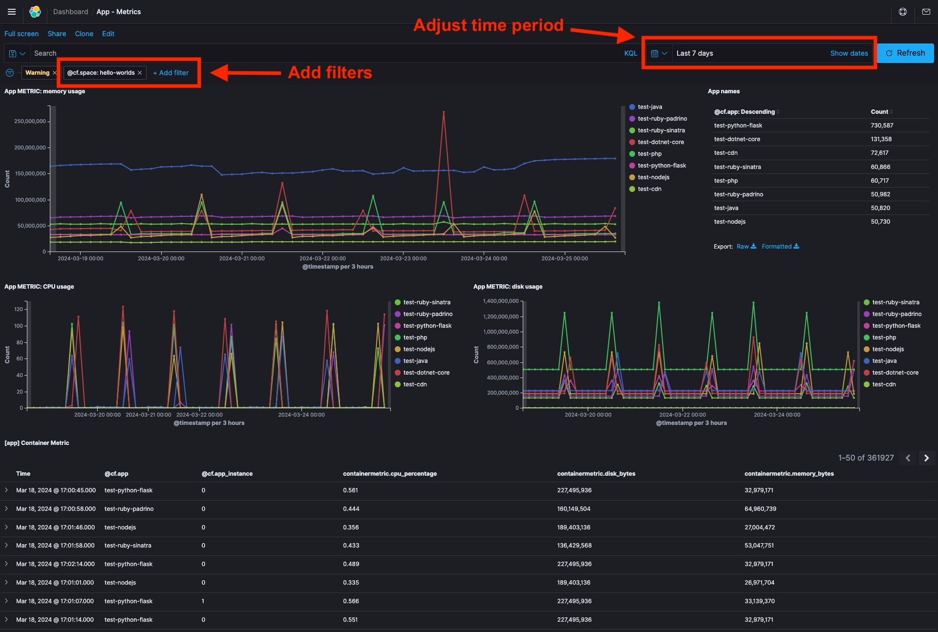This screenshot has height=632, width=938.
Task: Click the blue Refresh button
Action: point(905,53)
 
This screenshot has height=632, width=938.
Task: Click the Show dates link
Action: point(849,53)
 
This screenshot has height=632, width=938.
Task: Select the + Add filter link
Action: point(171,73)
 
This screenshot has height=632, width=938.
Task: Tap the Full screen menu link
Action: point(21,34)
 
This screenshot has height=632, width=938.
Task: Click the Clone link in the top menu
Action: point(84,34)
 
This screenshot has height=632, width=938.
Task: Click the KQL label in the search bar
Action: point(630,53)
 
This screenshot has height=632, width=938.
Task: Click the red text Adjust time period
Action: point(488,25)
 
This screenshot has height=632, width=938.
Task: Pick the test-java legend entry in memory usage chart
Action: point(650,107)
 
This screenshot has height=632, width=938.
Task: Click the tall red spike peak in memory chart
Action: point(444,112)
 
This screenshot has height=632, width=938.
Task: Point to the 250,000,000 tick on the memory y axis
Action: point(30,121)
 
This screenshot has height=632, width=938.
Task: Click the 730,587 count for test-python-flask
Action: point(882,126)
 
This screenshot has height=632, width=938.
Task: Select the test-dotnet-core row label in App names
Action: point(737,139)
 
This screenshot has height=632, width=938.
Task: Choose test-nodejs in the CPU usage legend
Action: point(419,349)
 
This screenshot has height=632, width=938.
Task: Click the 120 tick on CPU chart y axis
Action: point(19,309)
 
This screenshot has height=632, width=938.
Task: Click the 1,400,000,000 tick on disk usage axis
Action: point(501,301)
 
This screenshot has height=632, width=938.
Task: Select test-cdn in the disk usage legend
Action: point(884,384)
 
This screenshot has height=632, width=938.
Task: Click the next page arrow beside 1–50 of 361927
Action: point(926,458)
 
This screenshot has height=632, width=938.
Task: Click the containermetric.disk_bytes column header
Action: point(596,474)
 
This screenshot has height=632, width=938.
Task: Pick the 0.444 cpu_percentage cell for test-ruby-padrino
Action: point(351,509)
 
